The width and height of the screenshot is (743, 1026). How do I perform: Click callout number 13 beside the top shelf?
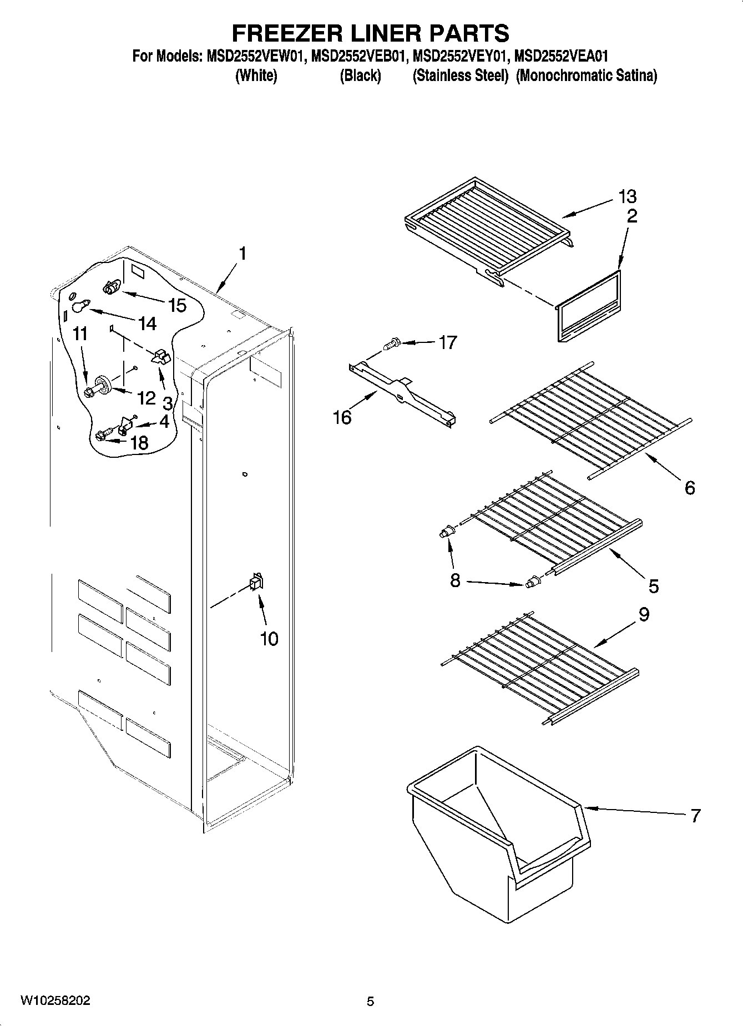tap(628, 196)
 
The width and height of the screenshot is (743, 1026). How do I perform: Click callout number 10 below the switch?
tap(269, 639)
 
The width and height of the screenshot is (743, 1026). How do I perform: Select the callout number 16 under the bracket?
tap(342, 417)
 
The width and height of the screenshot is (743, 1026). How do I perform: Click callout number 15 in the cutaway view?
tap(177, 305)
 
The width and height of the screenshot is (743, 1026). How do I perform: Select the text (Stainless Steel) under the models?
tap(460, 76)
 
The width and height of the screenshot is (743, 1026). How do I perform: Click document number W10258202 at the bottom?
tap(55, 1001)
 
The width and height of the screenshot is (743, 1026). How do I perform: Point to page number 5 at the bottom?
tap(370, 1002)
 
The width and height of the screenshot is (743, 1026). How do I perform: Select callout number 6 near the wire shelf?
tap(689, 488)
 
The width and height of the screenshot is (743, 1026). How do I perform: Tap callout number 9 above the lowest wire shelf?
tap(644, 614)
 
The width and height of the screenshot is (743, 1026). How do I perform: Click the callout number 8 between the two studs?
tap(455, 580)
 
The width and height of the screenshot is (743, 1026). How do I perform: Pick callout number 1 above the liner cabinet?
tap(242, 254)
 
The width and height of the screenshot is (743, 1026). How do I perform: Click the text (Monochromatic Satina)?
tap(586, 76)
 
